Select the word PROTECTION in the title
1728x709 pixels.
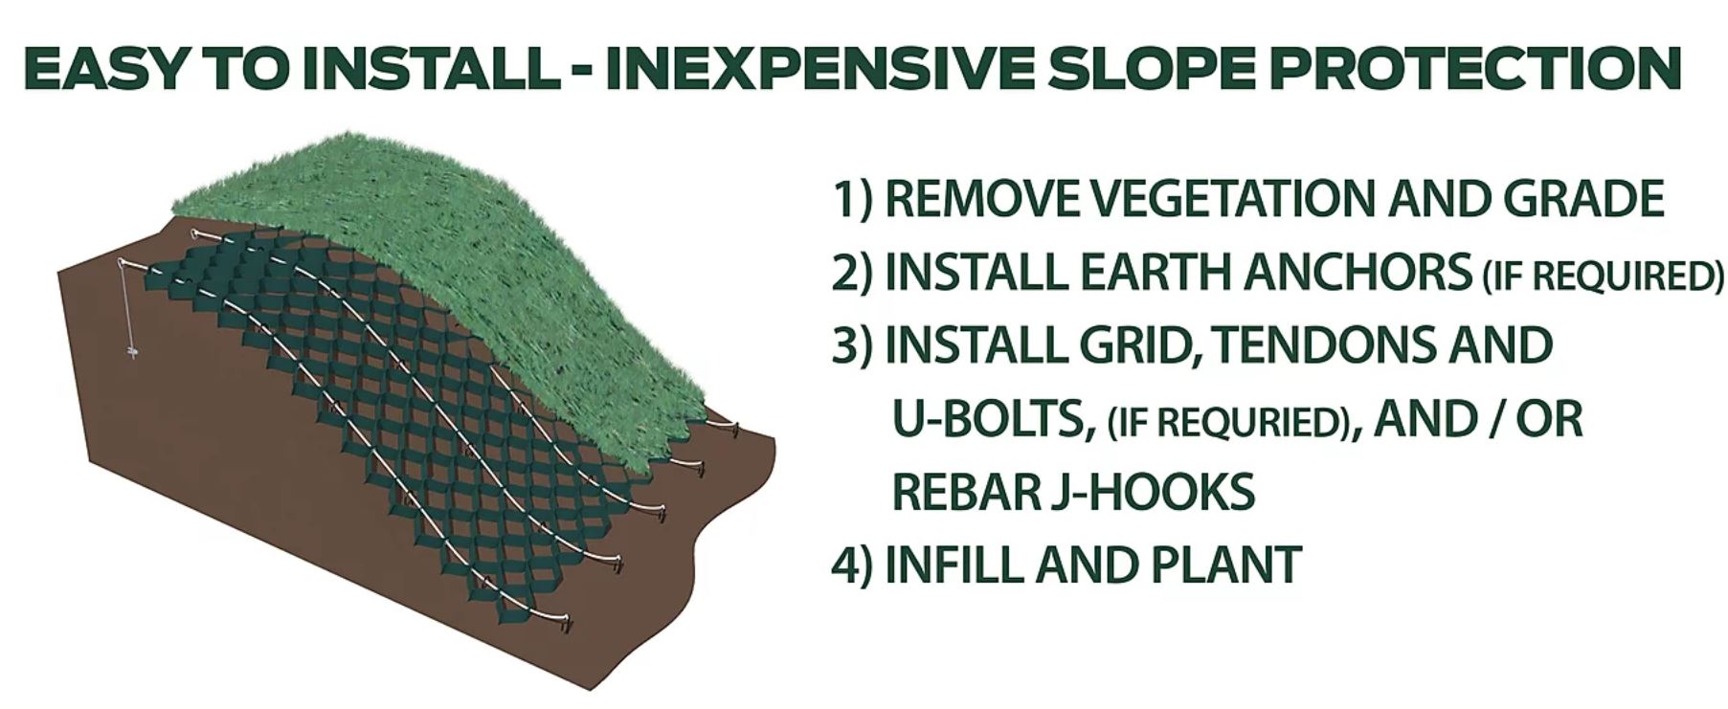click(x=1490, y=68)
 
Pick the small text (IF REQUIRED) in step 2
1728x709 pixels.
click(x=1600, y=277)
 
